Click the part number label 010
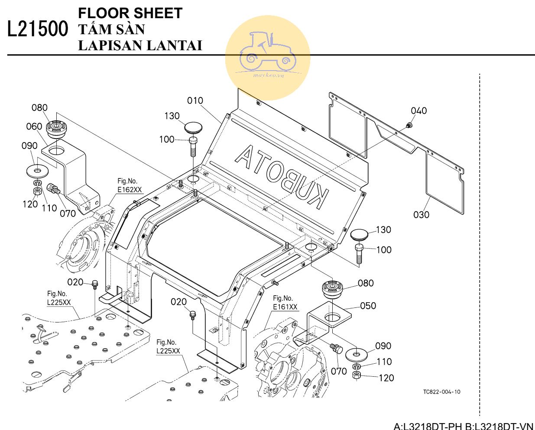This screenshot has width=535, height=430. click(195, 100)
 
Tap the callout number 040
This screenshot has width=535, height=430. click(419, 111)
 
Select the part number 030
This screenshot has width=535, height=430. click(421, 214)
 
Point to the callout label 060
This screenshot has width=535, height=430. click(34, 126)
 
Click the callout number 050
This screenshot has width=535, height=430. click(368, 306)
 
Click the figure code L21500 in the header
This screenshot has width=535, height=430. click(38, 29)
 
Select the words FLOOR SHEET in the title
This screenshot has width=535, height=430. click(130, 13)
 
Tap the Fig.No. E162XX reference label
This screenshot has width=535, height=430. click(130, 186)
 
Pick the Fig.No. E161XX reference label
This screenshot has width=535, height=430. click(285, 303)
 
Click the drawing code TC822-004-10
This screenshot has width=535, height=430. click(442, 392)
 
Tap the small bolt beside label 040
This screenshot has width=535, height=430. click(408, 126)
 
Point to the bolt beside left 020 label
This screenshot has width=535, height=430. click(95, 285)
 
